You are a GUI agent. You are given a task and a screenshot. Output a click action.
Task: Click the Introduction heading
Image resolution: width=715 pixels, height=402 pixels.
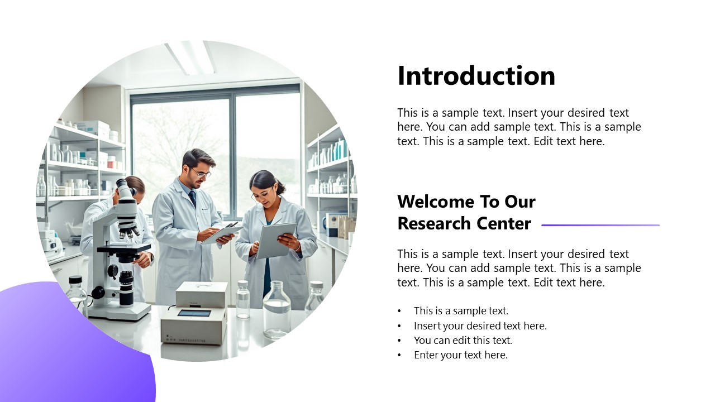coord(476,76)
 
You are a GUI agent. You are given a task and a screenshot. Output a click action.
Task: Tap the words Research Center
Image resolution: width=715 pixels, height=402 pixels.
coord(464,224)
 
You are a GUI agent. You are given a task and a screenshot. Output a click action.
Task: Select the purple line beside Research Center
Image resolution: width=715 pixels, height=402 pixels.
coord(600,225)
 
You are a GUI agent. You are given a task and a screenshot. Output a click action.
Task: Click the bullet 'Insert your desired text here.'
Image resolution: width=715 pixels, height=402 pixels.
coord(480,326)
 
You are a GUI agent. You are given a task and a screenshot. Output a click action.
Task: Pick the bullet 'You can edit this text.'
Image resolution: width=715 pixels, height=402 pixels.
coord(463,340)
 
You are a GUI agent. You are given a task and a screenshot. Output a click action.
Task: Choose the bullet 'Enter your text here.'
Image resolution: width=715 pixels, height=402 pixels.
coord(460,355)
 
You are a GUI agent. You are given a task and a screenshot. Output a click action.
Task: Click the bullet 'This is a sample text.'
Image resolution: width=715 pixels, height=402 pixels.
coord(461,311)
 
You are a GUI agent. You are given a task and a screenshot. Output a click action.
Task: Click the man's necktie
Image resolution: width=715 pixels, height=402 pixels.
coord(192,199)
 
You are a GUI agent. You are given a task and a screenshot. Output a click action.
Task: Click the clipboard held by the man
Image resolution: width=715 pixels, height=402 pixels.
coord(222,234)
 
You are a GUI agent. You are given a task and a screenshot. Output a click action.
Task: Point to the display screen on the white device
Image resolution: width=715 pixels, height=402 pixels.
coord(194,313)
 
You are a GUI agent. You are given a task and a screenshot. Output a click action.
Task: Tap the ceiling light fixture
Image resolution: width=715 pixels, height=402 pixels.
coord(191,57)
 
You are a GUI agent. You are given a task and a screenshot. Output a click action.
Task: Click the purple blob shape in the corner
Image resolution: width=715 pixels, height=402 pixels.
coord(67,346)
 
